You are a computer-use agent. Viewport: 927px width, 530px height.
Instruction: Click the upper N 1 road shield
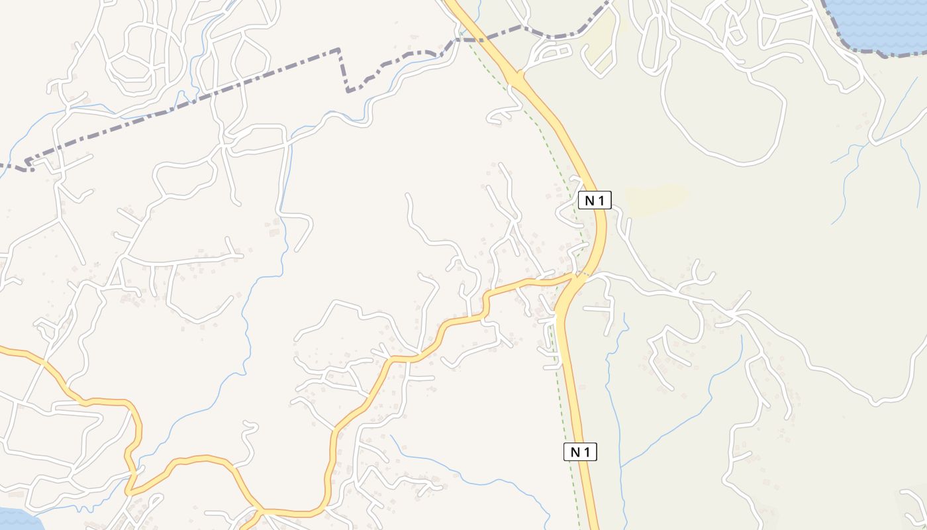(594, 200)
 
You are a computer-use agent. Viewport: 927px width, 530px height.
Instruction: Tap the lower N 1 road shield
(580, 452)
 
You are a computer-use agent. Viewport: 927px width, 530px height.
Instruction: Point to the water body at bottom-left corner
(17, 520)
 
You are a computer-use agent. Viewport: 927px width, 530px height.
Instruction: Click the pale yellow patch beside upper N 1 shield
(656, 199)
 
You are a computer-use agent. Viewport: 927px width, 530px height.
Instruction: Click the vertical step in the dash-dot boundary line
(343, 70)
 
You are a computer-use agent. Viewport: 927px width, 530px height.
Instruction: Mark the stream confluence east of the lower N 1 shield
(621, 466)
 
